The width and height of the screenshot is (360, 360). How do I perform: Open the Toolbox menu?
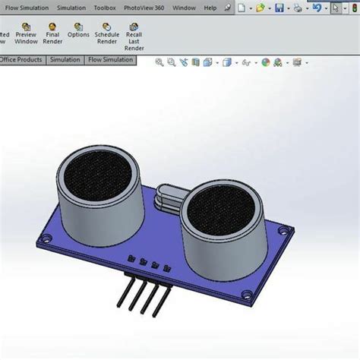105,8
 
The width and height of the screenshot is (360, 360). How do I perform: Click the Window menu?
184,8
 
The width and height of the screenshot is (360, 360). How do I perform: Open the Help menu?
210,8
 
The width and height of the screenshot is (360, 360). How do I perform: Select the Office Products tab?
21,59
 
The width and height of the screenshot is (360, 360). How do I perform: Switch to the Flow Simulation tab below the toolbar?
111,59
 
